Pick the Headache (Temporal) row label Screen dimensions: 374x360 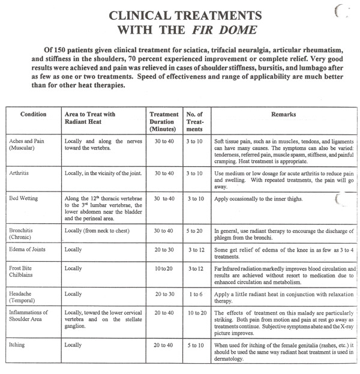tap(25, 298)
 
